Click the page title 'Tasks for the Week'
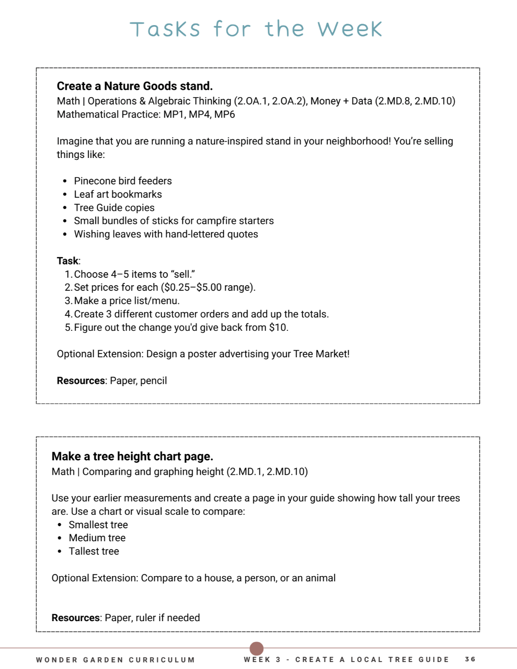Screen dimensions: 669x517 click(256, 29)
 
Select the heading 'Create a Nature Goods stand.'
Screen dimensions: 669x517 click(134, 86)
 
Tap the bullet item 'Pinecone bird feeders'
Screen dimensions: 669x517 click(123, 181)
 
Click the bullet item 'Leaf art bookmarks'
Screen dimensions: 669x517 click(118, 194)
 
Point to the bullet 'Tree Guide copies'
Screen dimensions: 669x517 click(114, 208)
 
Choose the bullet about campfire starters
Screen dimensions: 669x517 click(173, 221)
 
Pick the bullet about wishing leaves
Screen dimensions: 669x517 click(166, 234)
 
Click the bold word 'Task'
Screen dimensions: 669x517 click(67, 261)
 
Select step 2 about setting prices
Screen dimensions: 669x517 click(164, 287)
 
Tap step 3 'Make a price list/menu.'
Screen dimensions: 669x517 click(126, 301)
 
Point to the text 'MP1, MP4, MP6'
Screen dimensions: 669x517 click(199, 114)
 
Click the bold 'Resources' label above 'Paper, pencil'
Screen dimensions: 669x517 click(80, 380)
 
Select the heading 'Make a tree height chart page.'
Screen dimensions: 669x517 click(132, 456)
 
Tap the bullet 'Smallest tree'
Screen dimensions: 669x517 click(98, 525)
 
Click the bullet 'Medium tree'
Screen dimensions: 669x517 click(97, 538)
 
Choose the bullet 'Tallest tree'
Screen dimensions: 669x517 click(93, 551)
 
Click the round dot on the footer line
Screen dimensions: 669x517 click(257, 648)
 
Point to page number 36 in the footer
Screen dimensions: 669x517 click(470, 659)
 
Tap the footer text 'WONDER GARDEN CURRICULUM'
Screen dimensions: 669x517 click(115, 660)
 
